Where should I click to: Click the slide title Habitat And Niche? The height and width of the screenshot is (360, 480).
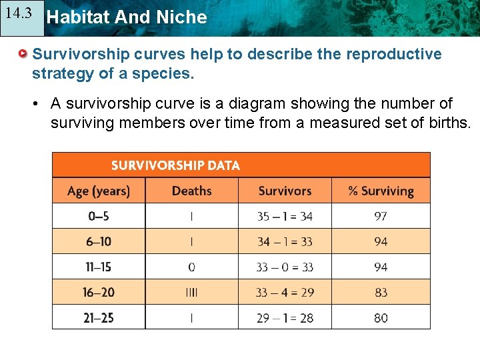tap(127, 17)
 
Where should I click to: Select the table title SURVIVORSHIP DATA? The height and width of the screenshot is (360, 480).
tap(175, 165)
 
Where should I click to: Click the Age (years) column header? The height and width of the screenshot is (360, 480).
tap(99, 191)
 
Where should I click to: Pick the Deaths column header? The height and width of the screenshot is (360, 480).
tap(191, 191)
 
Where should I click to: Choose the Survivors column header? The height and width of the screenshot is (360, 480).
tap(285, 191)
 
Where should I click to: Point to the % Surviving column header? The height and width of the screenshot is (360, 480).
tap(381, 191)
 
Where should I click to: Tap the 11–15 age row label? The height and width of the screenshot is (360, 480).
tap(98, 267)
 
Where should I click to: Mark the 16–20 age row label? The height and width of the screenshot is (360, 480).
tap(98, 292)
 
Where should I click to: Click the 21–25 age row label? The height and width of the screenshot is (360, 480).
tap(98, 318)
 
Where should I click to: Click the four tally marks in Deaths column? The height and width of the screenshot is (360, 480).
tap(192, 292)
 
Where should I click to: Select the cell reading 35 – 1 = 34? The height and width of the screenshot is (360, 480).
tap(285, 216)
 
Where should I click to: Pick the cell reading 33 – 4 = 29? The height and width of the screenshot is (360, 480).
tap(285, 292)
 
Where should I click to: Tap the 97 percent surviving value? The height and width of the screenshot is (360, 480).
tap(381, 216)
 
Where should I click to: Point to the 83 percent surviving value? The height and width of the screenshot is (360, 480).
tap(381, 292)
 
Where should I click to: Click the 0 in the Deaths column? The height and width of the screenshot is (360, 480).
tap(192, 267)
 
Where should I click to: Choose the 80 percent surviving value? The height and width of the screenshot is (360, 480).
tap(381, 318)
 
